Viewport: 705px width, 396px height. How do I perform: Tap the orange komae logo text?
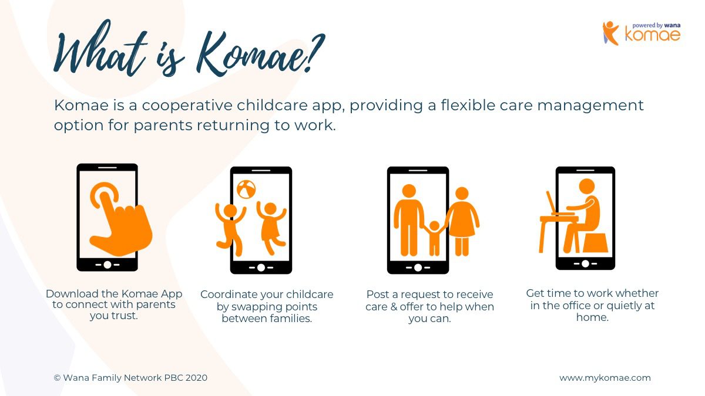[653, 34]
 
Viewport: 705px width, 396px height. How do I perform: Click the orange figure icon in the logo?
[610, 33]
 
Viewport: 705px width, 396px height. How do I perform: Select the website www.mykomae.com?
[605, 378]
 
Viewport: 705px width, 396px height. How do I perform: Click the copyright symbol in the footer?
[57, 378]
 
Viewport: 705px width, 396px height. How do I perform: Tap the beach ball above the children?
[246, 189]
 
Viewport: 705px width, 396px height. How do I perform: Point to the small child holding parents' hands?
[434, 238]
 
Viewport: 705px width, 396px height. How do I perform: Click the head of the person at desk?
[587, 187]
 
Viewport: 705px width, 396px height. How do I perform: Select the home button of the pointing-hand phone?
[108, 265]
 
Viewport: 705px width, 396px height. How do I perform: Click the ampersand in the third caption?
[394, 306]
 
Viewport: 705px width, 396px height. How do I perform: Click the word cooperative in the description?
[187, 106]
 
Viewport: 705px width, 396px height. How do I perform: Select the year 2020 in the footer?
[196, 378]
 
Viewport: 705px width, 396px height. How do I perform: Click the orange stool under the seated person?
[596, 243]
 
